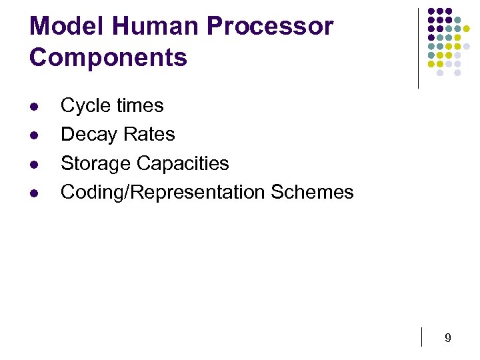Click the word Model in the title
click(x=67, y=26)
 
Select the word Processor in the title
click(x=270, y=26)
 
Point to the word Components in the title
click(x=108, y=57)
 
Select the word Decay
click(x=87, y=135)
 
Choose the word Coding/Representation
click(x=163, y=192)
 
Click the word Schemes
click(x=312, y=192)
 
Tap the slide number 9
click(x=448, y=339)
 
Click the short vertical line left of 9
click(x=422, y=337)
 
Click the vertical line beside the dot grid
click(x=418, y=48)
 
